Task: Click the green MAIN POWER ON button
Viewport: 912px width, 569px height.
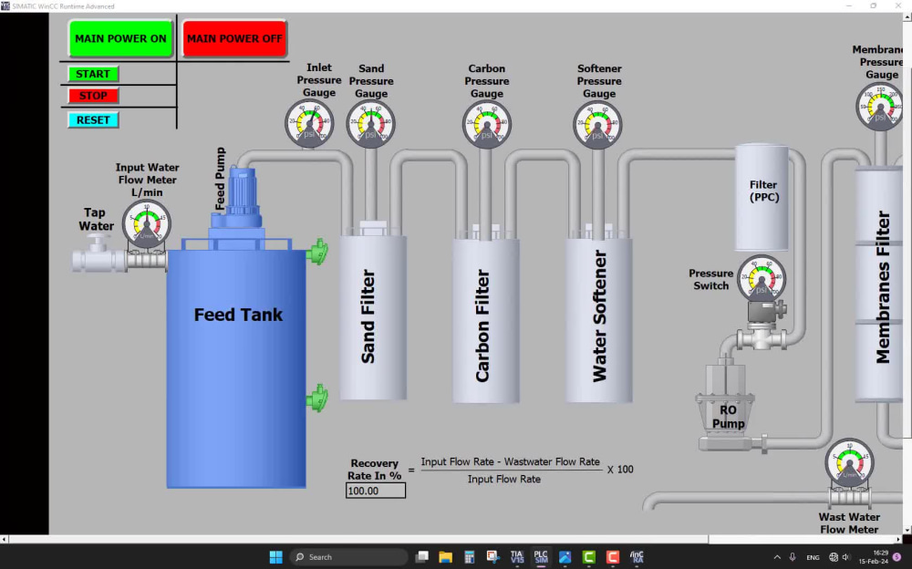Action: coord(120,39)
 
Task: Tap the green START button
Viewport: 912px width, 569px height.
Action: coord(93,74)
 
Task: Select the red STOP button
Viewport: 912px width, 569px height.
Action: coord(93,96)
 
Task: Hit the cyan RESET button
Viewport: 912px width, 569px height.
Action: coord(93,119)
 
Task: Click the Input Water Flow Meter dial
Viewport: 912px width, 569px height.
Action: coord(147,223)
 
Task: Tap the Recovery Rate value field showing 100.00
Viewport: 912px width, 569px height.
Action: coord(376,491)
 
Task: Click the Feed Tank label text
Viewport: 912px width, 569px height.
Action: coord(238,316)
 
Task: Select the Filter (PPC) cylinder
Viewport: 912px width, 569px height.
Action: coord(763,196)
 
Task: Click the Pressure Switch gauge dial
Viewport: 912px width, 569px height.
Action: coord(761,278)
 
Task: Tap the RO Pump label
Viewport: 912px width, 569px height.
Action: coord(728,417)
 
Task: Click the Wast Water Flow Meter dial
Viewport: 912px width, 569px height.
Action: coord(849,462)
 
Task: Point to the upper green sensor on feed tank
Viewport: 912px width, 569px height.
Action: coord(316,253)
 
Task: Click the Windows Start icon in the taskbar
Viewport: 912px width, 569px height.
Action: coord(275,557)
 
